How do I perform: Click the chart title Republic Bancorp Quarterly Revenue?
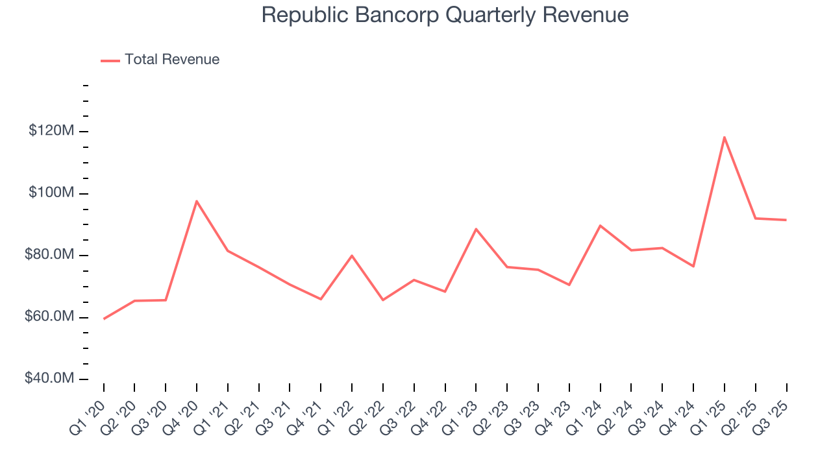pos(445,15)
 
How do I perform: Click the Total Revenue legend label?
pos(172,60)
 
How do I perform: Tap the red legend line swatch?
pos(110,60)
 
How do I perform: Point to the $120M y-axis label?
pos(51,131)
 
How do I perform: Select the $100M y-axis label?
pos(51,193)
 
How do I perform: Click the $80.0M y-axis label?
pos(49,255)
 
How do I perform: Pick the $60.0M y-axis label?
pos(49,317)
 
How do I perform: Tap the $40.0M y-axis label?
pos(49,379)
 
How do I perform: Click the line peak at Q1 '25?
pos(724,137)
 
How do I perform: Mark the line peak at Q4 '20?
pos(197,201)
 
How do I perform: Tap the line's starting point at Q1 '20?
pos(104,318)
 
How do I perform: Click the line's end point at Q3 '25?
pos(786,220)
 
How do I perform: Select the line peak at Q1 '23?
pos(476,229)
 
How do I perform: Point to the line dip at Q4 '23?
pos(569,285)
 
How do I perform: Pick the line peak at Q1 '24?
pos(601,226)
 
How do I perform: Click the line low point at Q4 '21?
pos(321,299)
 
